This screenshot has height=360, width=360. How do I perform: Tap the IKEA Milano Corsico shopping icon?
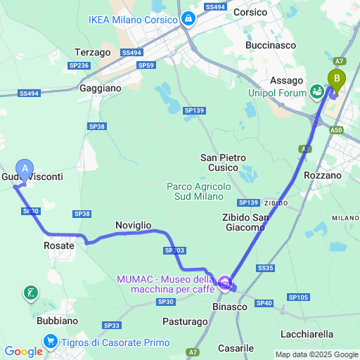(188, 20)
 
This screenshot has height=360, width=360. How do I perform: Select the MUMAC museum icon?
(225, 284)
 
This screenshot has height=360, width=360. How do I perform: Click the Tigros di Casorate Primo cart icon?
(50, 342)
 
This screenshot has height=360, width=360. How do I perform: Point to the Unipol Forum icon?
(317, 91)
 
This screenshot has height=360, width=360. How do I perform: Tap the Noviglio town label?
(133, 224)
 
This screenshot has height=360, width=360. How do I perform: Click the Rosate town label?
(59, 245)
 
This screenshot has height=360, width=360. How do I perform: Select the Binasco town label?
(229, 307)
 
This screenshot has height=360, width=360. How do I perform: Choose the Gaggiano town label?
(101, 89)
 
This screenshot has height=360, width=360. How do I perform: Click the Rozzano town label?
(322, 175)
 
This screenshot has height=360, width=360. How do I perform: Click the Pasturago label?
(188, 321)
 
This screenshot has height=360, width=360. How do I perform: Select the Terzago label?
(94, 52)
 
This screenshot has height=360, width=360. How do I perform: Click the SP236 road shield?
(79, 65)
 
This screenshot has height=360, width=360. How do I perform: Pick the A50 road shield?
(337, 130)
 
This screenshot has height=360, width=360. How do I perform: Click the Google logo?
(23, 352)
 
